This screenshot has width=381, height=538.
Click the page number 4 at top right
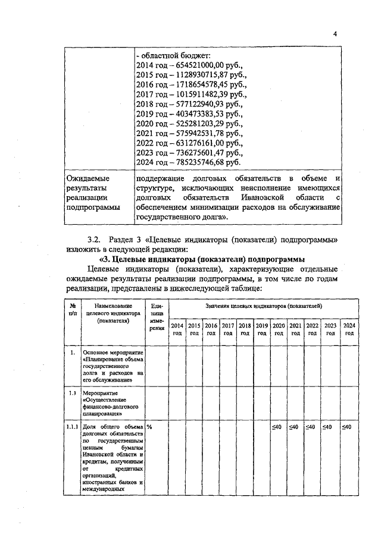pyautogui.click(x=335, y=34)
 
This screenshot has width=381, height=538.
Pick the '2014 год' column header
pyautogui.click(x=177, y=329)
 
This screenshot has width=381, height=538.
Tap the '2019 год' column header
pyautogui.click(x=261, y=329)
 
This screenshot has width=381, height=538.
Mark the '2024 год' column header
pyautogui.click(x=349, y=329)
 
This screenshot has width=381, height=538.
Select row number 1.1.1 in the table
pyautogui.click(x=73, y=427)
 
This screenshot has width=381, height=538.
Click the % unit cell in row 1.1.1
pyautogui.click(x=150, y=427)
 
